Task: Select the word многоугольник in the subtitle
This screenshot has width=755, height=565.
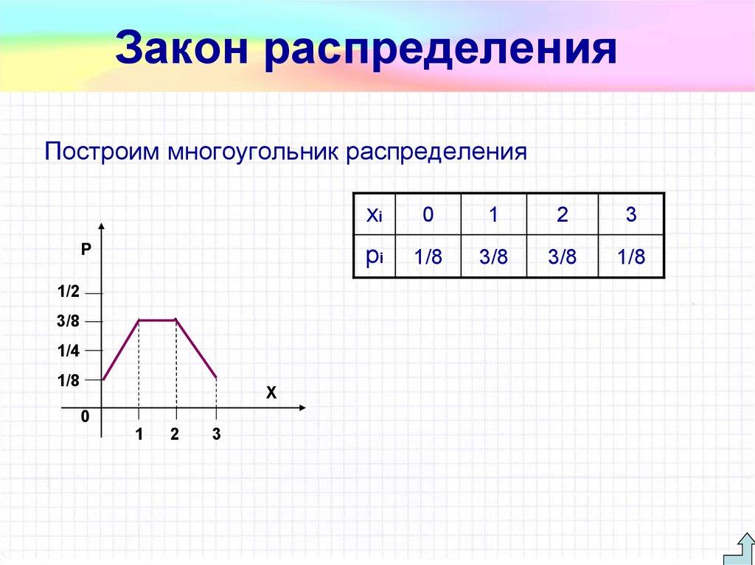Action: [251, 153]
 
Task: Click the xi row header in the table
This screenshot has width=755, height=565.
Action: [374, 215]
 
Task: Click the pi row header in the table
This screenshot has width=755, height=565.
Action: [374, 256]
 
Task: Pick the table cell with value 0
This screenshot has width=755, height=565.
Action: [428, 215]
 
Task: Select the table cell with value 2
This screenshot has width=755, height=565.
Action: [563, 215]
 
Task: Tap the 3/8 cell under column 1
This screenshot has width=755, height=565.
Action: [493, 257]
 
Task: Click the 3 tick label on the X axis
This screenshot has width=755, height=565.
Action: [216, 435]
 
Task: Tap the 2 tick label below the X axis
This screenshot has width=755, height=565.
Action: [175, 435]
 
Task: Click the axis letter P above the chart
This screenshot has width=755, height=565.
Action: [86, 250]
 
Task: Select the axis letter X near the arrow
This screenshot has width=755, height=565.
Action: [271, 394]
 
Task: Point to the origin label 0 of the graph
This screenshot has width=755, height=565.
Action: [85, 417]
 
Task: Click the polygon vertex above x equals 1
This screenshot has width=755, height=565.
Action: [139, 320]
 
